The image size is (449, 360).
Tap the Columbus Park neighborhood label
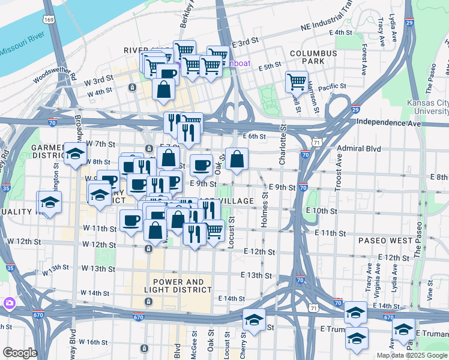click(x=310, y=57)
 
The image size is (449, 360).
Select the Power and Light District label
click(x=182, y=286)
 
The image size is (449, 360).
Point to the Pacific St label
click(x=332, y=87)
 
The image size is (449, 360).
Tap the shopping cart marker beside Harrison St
click(x=297, y=81)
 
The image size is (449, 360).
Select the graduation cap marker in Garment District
click(x=76, y=153)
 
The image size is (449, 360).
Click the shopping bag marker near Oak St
click(x=237, y=159)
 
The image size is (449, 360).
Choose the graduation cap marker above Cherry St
click(x=254, y=318)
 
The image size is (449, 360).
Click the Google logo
click(x=19, y=353)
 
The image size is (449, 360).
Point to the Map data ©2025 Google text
click(x=411, y=355)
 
